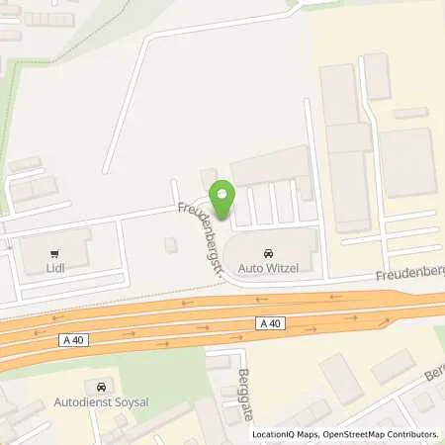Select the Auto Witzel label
pos(269,267)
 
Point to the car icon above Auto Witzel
pos(269,251)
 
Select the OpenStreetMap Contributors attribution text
pos(380,434)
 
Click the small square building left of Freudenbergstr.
pos(171,243)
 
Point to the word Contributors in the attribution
pos(409,434)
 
